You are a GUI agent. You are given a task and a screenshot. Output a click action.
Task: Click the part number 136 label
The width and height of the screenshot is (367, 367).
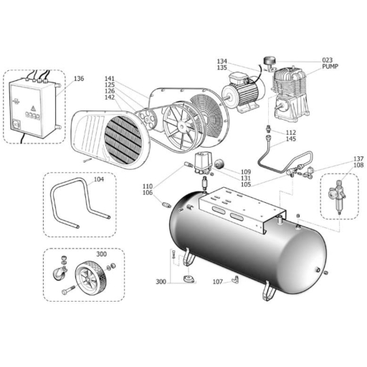(x=79, y=78)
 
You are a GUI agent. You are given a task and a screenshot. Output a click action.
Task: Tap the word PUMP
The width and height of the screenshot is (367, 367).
(x=330, y=67)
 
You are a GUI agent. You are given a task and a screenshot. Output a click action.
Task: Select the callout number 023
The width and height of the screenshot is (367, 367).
(x=328, y=60)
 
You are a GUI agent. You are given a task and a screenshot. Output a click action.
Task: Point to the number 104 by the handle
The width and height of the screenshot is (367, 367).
(x=99, y=179)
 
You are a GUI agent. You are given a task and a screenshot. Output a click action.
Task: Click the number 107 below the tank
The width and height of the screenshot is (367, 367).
(x=218, y=282)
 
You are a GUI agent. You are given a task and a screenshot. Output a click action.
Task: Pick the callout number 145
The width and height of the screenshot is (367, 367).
(x=291, y=139)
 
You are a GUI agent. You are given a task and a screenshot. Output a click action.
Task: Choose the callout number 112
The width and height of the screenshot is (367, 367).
(x=291, y=133)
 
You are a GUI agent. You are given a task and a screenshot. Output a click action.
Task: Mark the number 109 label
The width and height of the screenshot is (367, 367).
(x=246, y=172)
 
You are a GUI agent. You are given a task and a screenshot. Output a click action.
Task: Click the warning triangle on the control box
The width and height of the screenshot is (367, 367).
(x=33, y=109)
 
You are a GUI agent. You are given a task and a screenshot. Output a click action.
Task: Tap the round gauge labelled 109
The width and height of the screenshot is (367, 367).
(x=219, y=164)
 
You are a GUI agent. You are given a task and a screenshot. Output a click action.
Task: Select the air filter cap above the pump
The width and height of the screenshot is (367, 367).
(x=269, y=60)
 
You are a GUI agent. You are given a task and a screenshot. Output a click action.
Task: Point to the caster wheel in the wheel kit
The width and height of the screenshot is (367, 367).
(x=58, y=273)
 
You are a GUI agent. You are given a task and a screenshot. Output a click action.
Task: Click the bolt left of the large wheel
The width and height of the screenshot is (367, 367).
(x=68, y=290)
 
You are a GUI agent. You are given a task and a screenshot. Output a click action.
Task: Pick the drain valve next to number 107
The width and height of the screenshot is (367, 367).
(x=235, y=279)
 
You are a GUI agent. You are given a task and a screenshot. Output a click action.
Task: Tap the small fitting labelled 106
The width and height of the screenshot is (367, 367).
(x=166, y=205)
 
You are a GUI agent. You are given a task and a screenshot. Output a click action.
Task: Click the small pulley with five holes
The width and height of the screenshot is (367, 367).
(x=148, y=117)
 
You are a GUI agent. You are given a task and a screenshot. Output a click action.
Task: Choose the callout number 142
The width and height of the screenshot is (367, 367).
(x=110, y=97)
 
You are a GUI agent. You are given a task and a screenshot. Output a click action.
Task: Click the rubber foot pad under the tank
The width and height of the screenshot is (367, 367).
(x=189, y=280)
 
